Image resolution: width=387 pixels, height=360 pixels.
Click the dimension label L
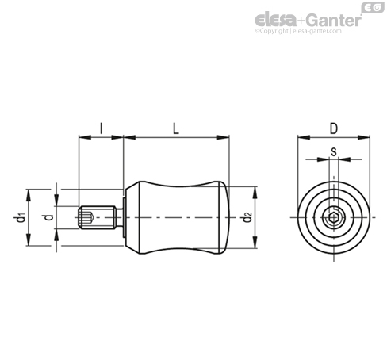[176, 128]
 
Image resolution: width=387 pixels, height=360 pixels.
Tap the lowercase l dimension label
[101, 128]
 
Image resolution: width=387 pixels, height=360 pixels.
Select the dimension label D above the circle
[334, 128]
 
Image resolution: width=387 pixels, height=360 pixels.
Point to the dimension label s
[334, 151]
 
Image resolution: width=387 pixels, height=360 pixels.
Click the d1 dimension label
[19, 217]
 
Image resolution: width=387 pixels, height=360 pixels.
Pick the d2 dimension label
[247, 217]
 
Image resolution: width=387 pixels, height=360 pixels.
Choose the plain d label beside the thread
[48, 217]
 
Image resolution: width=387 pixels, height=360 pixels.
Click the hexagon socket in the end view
[334, 217]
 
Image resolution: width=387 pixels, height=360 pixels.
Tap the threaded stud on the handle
[98, 217]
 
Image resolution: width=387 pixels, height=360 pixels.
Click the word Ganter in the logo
[335, 20]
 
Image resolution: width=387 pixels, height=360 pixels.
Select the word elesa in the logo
[275, 20]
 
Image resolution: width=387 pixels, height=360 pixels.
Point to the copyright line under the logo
[298, 31]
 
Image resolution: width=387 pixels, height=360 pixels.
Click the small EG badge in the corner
[373, 7]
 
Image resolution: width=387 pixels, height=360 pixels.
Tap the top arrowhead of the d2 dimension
[255, 192]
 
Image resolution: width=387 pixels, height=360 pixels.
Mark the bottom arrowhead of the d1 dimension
[29, 240]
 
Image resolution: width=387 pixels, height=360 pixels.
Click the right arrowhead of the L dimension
[223, 137]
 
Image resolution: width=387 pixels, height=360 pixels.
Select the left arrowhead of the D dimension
[304, 137]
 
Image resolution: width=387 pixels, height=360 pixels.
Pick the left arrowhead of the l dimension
[85, 137]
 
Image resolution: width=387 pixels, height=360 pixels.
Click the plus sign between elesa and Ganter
[301, 21]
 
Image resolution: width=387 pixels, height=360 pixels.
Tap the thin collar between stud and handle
[125, 217]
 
